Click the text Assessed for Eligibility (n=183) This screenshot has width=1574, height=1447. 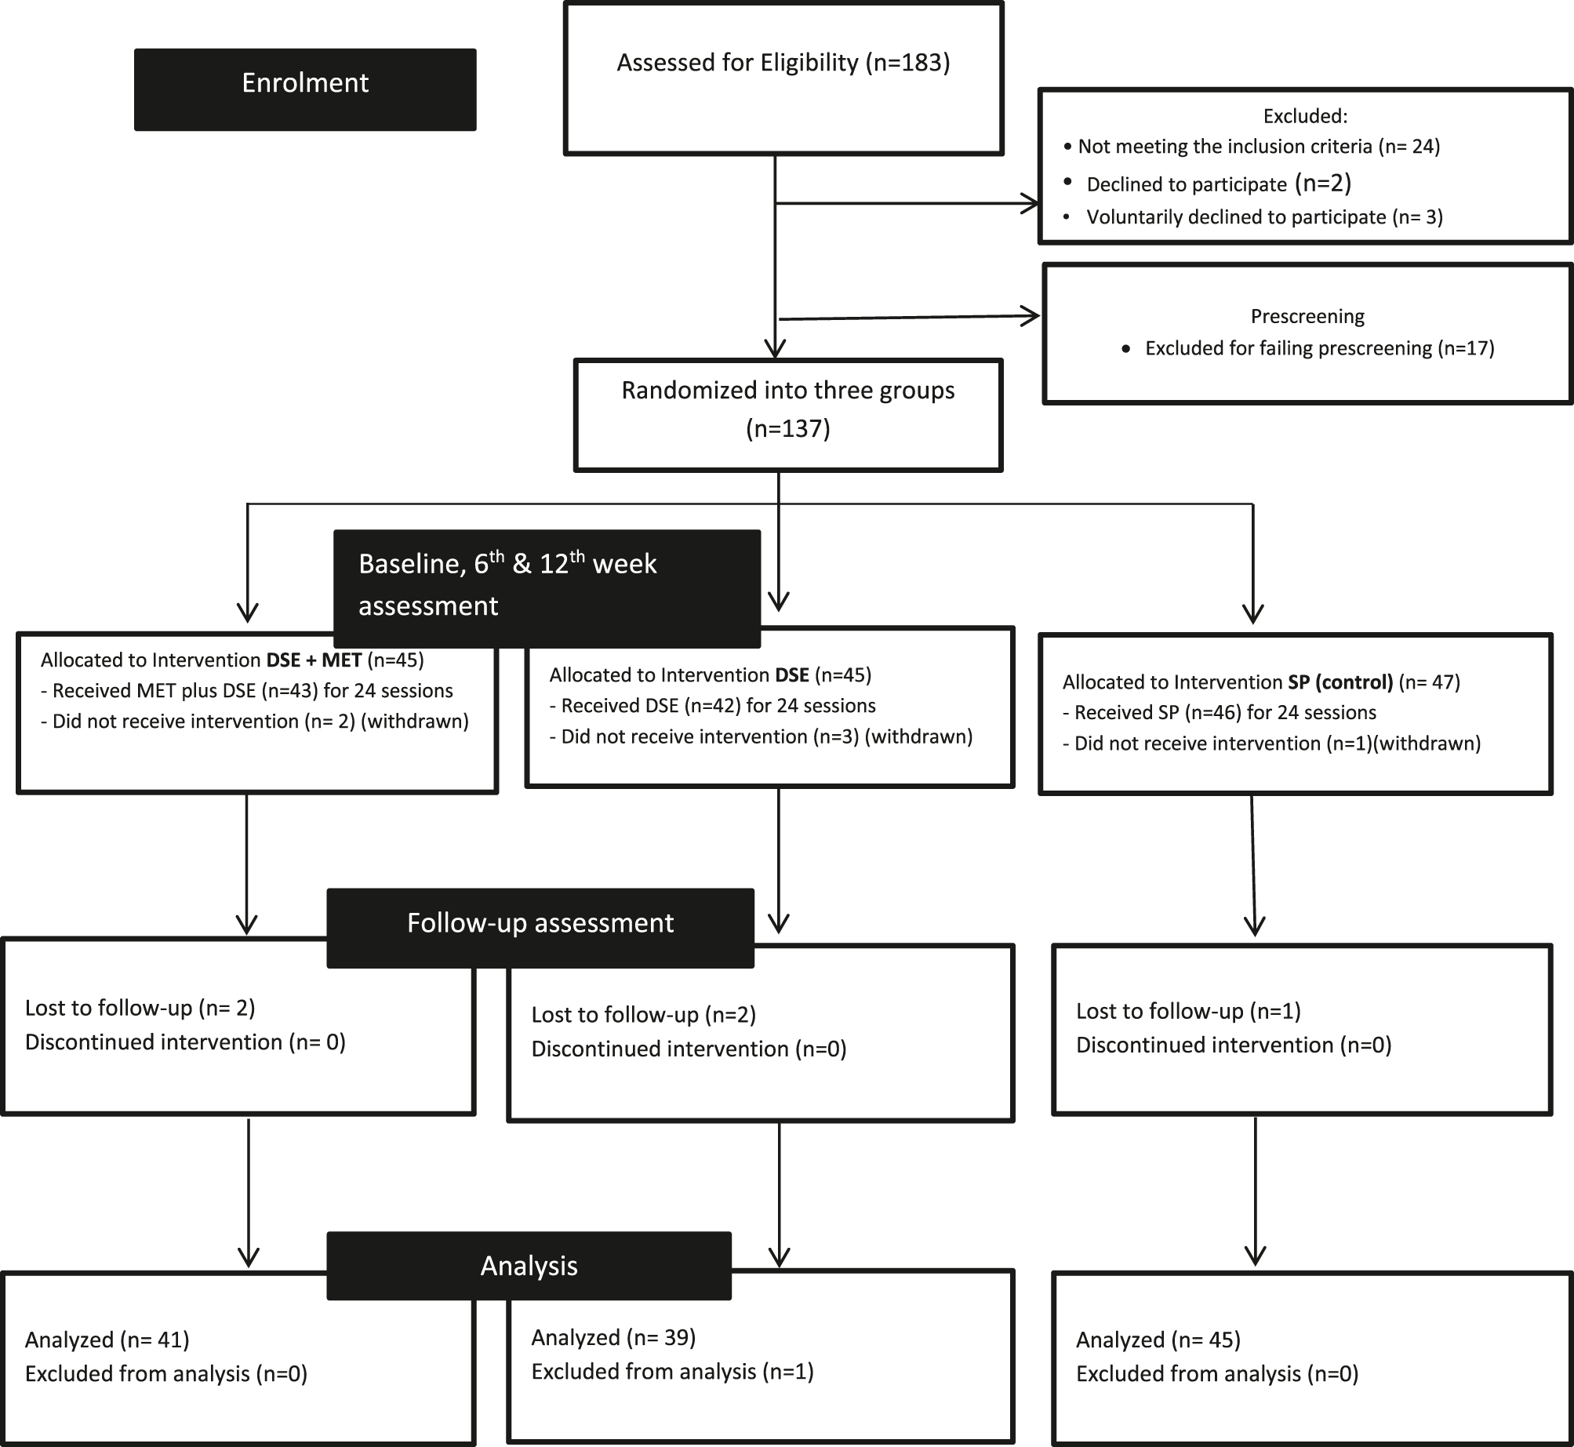[x=783, y=63]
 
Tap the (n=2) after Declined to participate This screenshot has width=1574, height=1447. [x=1323, y=183]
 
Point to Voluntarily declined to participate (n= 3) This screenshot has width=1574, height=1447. [x=1263, y=217]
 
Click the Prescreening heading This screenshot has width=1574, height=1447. [x=1307, y=316]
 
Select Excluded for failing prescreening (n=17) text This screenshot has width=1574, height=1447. [x=1319, y=348]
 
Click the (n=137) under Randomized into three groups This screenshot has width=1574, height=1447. [x=787, y=428]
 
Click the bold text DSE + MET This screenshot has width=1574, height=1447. [x=314, y=660]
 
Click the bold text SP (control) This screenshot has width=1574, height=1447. [x=1340, y=682]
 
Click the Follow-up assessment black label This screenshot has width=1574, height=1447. [x=540, y=924]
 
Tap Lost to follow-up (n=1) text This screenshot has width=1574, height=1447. [x=1187, y=1012]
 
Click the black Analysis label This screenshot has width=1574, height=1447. [x=529, y=1267]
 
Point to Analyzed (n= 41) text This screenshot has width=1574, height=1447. [x=107, y=1340]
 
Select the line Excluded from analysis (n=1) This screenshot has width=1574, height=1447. [x=672, y=1372]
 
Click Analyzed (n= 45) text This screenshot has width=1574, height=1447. [x=1158, y=1340]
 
